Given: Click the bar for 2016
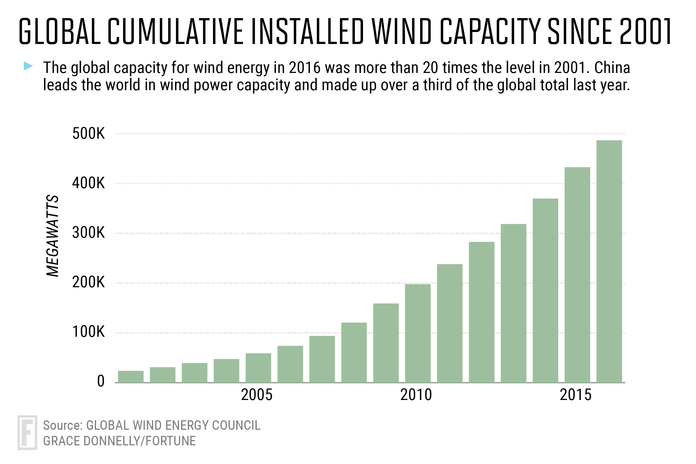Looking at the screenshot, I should pos(609,262).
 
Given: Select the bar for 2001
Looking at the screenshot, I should pos(131,377).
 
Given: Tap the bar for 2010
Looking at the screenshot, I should pos(418,333).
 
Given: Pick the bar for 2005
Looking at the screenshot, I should pos(258,368).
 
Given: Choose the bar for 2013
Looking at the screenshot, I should pos(513,303).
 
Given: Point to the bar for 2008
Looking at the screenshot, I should pos(354,353).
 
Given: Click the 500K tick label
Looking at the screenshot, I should pos(89,134).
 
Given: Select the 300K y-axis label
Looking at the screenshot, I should pos(89,233).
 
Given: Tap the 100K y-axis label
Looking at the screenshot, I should pos(89,332).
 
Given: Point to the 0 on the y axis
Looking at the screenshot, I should pos(101,381).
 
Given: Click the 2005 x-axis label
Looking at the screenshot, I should pos(257,395).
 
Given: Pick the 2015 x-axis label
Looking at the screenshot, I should pos(575,395).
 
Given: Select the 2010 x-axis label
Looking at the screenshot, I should pos(416,395).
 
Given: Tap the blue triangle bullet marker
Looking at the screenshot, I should pos(28,66).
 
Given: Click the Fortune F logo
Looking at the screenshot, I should pos(27,433).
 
